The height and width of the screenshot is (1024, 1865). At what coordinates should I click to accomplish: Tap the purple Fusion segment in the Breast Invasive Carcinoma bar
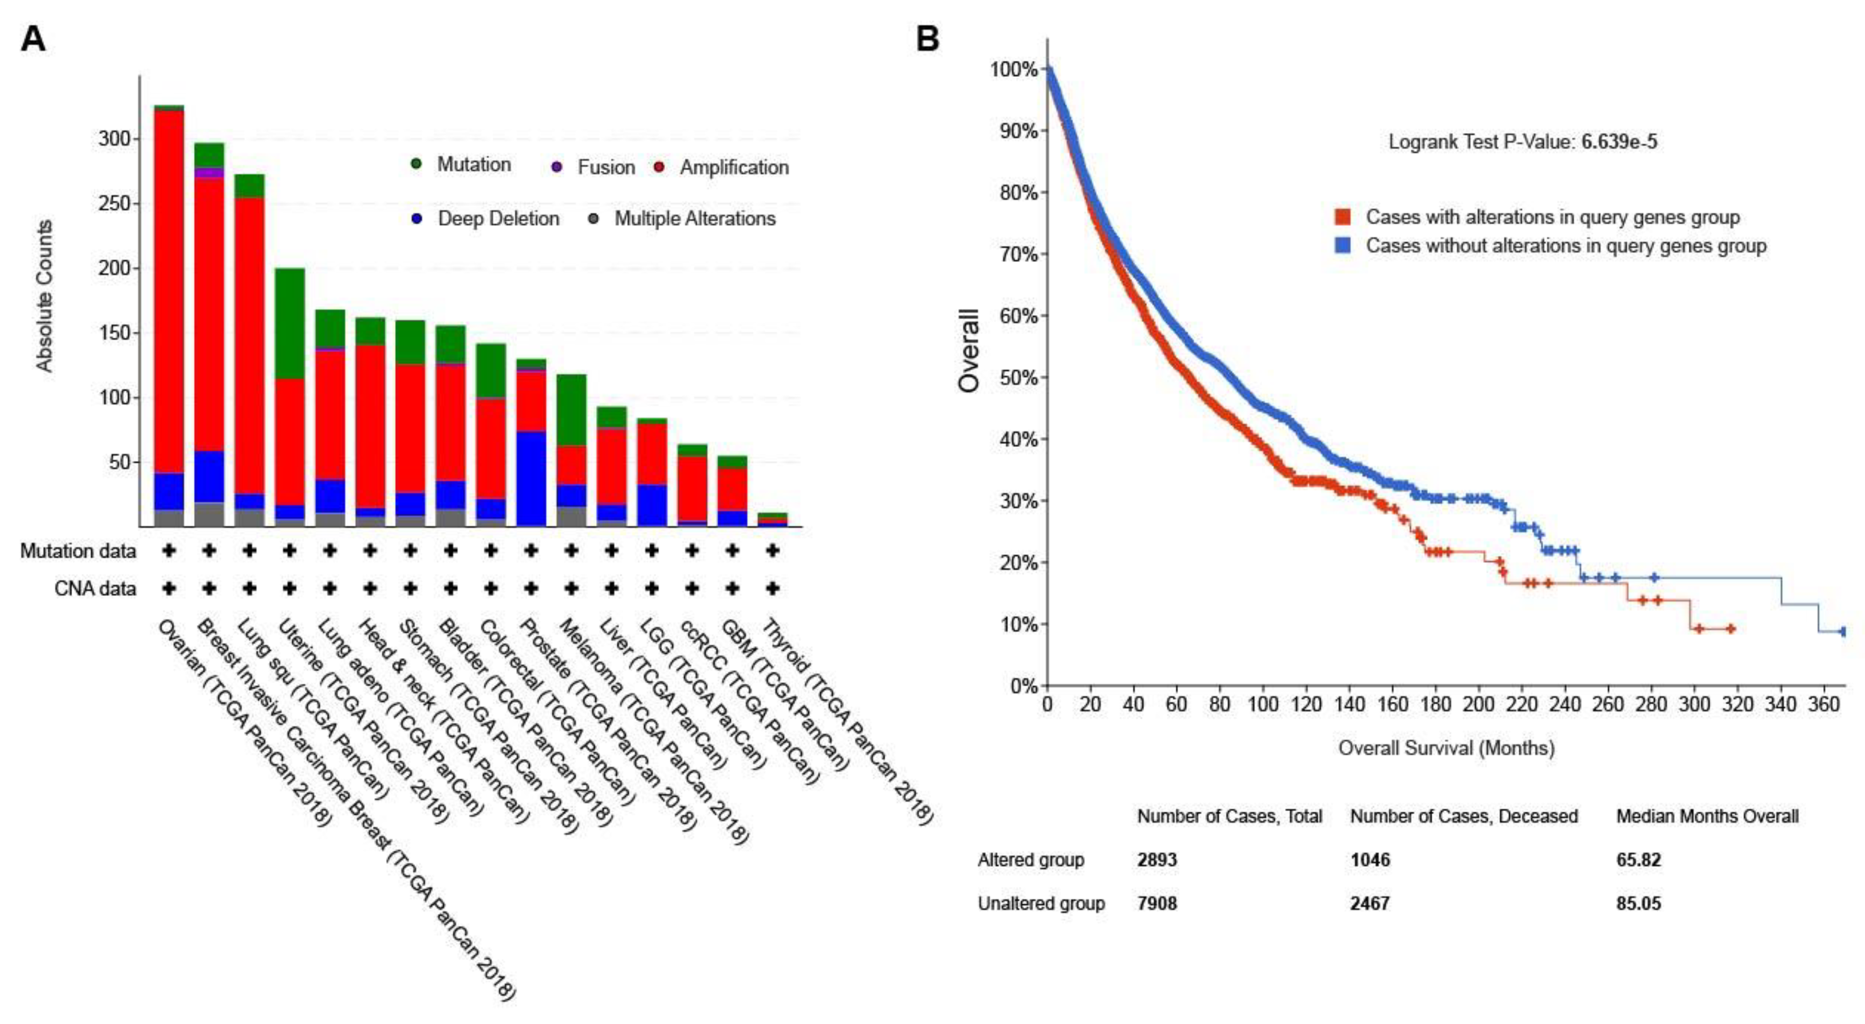click(x=209, y=172)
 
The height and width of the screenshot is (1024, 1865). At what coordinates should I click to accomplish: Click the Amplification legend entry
click(x=733, y=167)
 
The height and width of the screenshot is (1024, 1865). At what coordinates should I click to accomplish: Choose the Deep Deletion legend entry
click(x=498, y=219)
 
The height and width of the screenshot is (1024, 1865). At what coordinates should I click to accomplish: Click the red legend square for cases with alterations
click(x=1342, y=217)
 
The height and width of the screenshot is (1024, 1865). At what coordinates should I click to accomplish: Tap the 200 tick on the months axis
click(x=1478, y=704)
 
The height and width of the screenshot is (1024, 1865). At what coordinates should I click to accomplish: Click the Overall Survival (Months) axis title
click(x=1446, y=747)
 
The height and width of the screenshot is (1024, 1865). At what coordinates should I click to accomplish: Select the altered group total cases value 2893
click(x=1157, y=860)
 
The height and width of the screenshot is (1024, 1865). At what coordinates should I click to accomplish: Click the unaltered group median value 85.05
click(x=1639, y=903)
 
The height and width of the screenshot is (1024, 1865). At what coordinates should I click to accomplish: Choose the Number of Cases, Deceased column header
click(x=1463, y=816)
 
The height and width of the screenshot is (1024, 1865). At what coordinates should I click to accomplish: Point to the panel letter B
click(x=928, y=38)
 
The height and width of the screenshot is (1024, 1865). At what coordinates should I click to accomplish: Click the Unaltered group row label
click(x=1041, y=903)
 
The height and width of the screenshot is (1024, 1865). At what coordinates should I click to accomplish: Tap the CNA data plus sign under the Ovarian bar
click(x=169, y=588)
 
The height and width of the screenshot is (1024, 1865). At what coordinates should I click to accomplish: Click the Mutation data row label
click(x=77, y=551)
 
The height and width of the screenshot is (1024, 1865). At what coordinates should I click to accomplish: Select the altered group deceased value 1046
click(x=1370, y=860)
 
